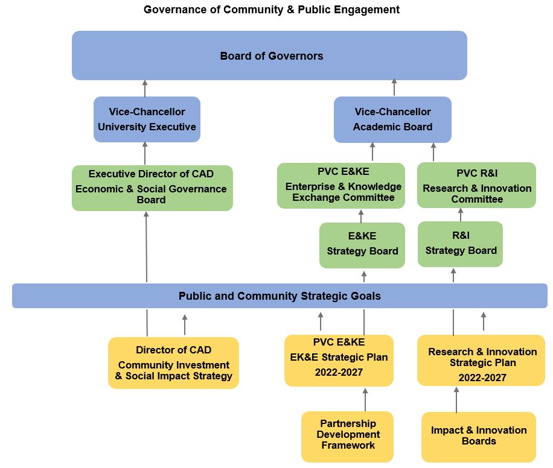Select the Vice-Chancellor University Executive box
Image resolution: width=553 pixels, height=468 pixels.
pos(147,119)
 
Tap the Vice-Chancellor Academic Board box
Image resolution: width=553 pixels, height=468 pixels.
pos(392,119)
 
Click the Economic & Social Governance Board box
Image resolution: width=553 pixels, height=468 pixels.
pos(152,188)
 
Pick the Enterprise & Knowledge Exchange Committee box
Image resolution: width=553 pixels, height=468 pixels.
pos(341,185)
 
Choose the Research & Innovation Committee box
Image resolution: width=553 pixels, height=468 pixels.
pos(476,185)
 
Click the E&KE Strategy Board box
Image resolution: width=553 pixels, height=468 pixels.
pos(362,245)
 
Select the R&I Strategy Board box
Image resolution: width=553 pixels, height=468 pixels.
pos(460,244)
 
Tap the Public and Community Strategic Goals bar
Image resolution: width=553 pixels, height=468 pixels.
pos(280,296)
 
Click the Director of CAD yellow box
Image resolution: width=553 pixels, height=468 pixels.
pos(173,362)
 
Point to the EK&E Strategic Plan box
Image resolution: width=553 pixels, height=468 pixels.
pos(339,360)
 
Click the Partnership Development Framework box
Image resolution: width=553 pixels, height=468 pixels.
pos(347,435)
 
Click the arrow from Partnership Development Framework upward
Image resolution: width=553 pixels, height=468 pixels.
pos(365,399)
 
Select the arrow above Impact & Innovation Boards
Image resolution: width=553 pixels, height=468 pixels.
pos(456,399)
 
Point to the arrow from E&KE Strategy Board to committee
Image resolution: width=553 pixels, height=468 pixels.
pos(361,216)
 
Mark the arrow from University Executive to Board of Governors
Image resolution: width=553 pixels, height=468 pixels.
pos(145,88)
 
